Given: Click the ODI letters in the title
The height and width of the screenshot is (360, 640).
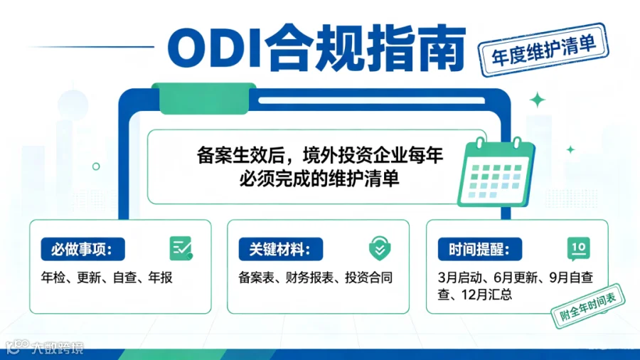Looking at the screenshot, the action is coord(215,48).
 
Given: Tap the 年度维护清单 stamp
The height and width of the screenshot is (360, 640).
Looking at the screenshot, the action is coord(543,51).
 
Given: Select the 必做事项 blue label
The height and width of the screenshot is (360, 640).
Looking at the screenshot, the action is coord(83,249).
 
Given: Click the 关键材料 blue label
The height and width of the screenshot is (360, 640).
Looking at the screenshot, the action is coord(281,249).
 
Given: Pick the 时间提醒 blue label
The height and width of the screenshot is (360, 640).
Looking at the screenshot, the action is coord(480,249).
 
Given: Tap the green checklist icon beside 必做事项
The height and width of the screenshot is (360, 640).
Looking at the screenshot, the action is coord(181,248).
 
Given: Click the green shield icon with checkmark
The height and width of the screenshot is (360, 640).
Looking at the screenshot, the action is coord(380,248).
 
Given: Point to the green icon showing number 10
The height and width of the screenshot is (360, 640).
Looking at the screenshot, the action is coord(579,248).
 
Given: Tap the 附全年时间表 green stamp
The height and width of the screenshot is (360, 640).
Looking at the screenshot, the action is coord(588,305).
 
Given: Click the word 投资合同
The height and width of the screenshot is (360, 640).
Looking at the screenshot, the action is coord(369,277).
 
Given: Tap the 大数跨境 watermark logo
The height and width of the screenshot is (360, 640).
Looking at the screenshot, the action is coord(45,348).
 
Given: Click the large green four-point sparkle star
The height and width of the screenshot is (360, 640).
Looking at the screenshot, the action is coord(538,100).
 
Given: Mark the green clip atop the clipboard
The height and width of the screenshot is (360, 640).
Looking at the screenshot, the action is coord(203,98).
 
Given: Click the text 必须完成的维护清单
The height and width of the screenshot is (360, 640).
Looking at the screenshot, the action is coord(319,179).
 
